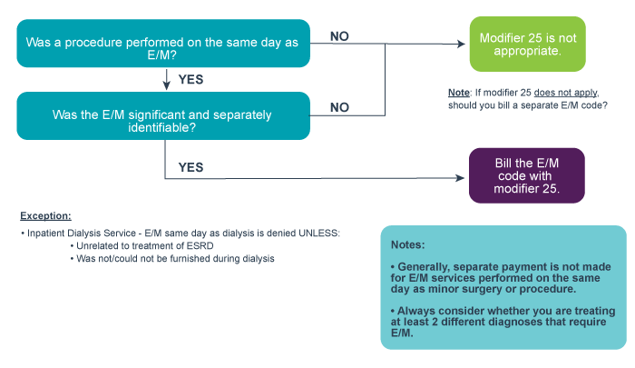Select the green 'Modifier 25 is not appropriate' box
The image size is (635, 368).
(520, 44)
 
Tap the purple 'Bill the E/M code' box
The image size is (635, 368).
(526, 174)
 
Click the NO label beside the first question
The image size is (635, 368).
(339, 36)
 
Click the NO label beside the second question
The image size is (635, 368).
(339, 107)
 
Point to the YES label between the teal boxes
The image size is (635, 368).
(190, 80)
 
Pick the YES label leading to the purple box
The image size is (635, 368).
(190, 168)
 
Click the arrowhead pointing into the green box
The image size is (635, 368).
(462, 44)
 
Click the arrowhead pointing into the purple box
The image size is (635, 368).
(462, 178)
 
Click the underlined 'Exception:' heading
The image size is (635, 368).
(45, 216)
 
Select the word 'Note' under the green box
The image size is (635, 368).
(459, 94)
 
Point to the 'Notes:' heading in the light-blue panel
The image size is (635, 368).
(409, 245)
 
